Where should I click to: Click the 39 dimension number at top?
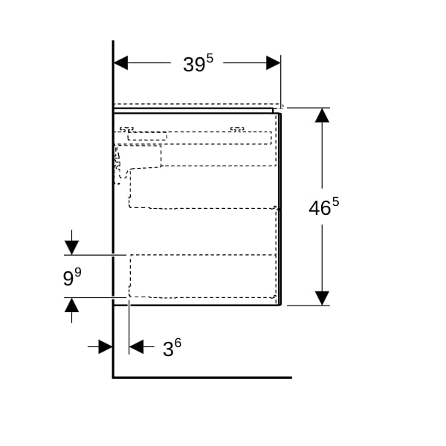coord(194,65)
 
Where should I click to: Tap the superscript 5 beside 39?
coord(210,59)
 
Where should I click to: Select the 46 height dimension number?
coord(320,208)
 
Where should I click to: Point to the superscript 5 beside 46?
coord(336,202)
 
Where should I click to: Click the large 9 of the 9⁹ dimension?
coord(68,279)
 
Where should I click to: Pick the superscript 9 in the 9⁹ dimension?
coord(78,273)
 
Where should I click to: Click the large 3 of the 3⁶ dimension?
coord(168,349)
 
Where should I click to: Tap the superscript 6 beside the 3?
coord(178,343)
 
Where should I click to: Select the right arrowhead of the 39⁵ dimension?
coord(274,63)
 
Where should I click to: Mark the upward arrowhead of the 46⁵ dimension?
coord(322,115)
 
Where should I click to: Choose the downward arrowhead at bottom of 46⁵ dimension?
coord(322,298)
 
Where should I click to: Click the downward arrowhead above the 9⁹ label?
coord(71,248)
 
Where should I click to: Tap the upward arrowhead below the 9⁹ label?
coord(71,306)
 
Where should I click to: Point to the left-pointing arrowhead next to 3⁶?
coord(136,346)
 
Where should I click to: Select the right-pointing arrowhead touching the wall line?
coord(106,346)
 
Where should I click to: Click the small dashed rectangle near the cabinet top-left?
coord(147,136)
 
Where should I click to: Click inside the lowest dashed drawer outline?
coord(202,277)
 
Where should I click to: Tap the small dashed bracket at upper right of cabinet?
coord(237,129)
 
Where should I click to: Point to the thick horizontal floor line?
coord(202,378)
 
